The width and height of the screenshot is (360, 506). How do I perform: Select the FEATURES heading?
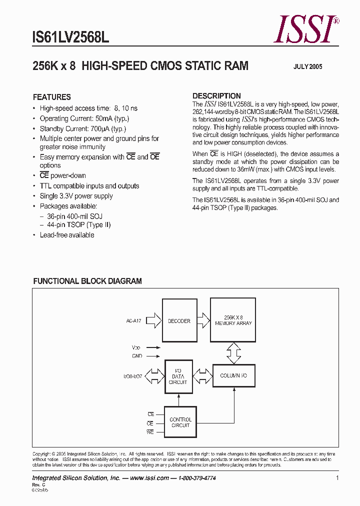pyautogui.click(x=52, y=97)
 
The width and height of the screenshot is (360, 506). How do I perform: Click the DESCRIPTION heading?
pyautogui.click(x=216, y=96)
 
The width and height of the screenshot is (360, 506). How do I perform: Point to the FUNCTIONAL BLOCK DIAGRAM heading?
pyautogui.click(x=87, y=281)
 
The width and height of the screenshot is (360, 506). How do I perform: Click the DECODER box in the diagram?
pyautogui.click(x=179, y=320)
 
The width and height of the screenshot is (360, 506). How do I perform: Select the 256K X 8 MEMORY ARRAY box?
pyautogui.click(x=233, y=320)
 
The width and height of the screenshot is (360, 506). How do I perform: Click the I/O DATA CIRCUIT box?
pyautogui.click(x=178, y=376)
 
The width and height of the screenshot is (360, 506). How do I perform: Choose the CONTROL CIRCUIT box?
pyautogui.click(x=180, y=422)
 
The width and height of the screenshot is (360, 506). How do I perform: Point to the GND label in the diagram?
pyautogui.click(x=137, y=356)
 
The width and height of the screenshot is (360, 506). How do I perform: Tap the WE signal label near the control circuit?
pyautogui.click(x=150, y=431)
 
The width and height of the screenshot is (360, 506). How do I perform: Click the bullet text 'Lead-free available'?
pyautogui.click(x=67, y=235)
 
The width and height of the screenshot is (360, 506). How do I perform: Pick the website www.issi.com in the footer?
pyautogui.click(x=148, y=478)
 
